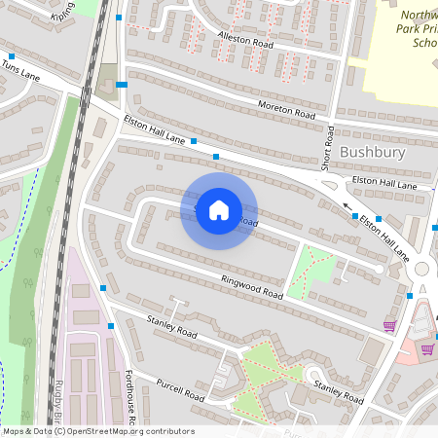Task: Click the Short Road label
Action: (x=328, y=146)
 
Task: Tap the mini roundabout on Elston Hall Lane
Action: (x=422, y=269)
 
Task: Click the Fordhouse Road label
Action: (x=128, y=399)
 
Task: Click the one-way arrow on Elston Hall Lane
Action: (x=346, y=206)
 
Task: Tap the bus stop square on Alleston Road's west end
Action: (x=120, y=18)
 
